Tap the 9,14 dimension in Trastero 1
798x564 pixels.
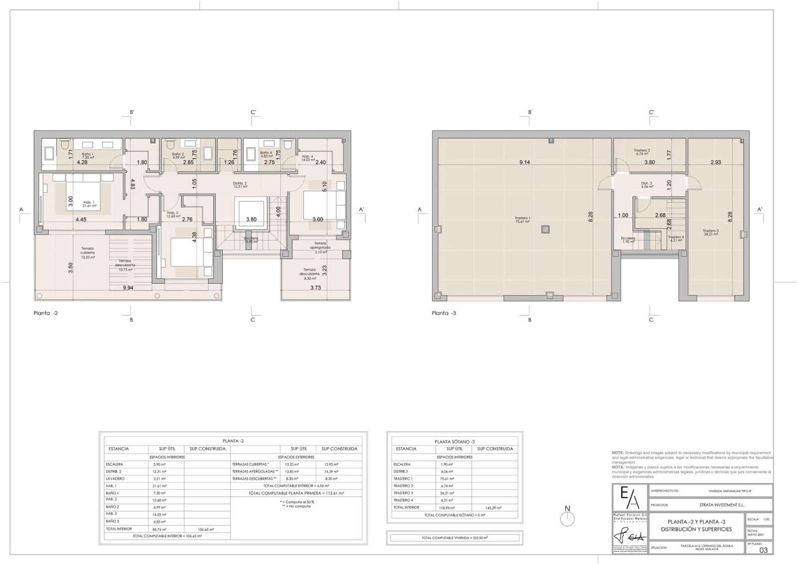[x=524, y=162]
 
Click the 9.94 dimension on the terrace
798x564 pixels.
[x=129, y=288]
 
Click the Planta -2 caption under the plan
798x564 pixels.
[x=45, y=313]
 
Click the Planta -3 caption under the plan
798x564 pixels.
[x=444, y=313]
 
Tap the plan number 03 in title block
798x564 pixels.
[x=763, y=550]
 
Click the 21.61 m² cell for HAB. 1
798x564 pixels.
[x=160, y=486]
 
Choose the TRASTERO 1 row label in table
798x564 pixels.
[x=403, y=479]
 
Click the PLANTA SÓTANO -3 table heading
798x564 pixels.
[x=454, y=442]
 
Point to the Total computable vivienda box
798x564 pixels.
[x=454, y=538]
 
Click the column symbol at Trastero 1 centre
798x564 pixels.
[x=545, y=230]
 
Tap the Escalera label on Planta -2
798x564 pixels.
[x=251, y=240]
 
